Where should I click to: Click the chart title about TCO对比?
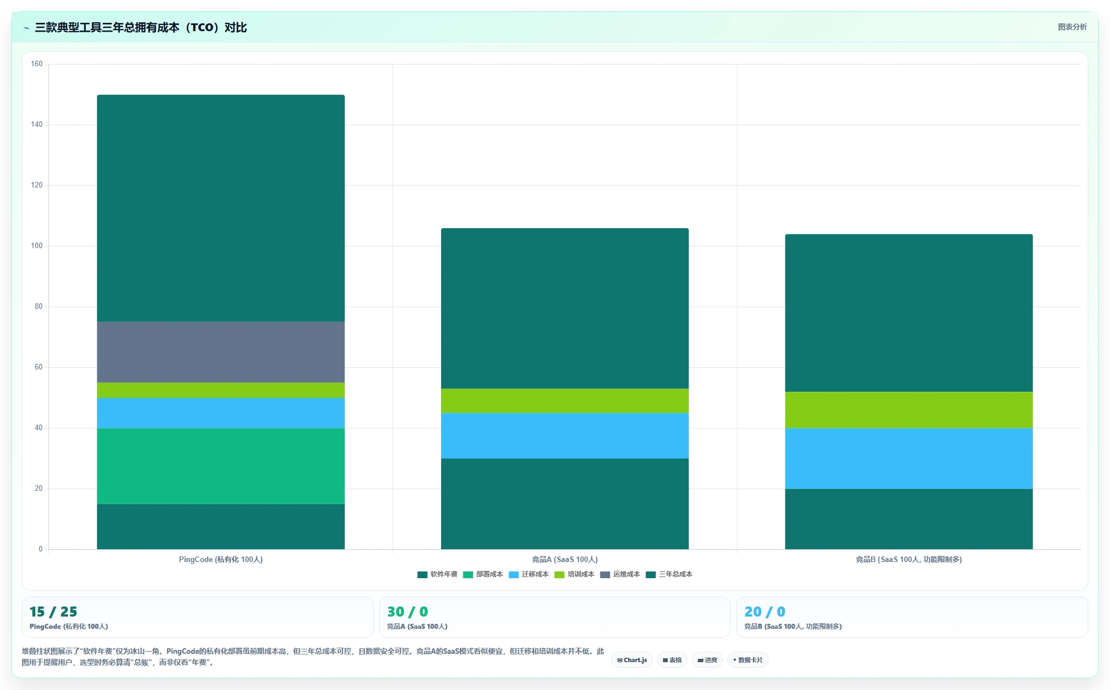(140, 27)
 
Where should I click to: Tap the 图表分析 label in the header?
(1072, 27)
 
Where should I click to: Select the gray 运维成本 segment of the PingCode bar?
(221, 352)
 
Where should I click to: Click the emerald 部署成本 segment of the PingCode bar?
(221, 466)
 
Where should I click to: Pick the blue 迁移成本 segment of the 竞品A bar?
(565, 436)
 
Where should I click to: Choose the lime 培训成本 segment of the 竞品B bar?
(909, 410)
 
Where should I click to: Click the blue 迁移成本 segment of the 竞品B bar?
(909, 459)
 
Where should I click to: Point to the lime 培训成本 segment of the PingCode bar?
(221, 390)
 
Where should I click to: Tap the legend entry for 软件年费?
(438, 574)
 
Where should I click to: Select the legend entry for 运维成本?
(620, 574)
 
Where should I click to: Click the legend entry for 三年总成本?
(669, 574)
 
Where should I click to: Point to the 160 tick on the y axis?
(37, 64)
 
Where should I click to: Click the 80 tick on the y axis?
(38, 307)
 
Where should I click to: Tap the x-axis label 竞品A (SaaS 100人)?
(565, 559)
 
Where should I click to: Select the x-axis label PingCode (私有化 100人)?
(221, 559)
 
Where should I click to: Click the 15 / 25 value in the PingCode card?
(53, 612)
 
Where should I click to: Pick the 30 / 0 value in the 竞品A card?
(408, 612)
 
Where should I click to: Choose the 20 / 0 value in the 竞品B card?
(765, 612)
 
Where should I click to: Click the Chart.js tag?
(632, 660)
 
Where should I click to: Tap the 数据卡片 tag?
(747, 660)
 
